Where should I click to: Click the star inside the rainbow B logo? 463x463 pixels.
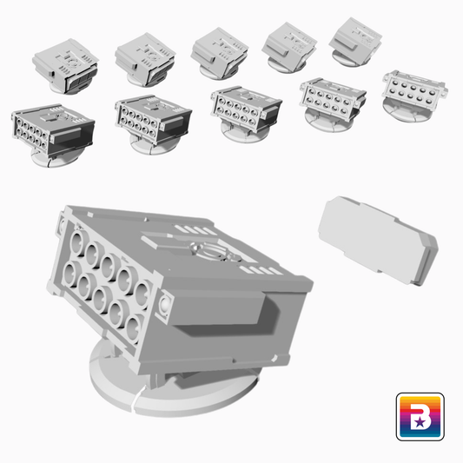click(x=420, y=422)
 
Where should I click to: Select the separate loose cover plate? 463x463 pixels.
click(x=378, y=241)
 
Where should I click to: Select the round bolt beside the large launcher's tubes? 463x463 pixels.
click(x=164, y=305)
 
